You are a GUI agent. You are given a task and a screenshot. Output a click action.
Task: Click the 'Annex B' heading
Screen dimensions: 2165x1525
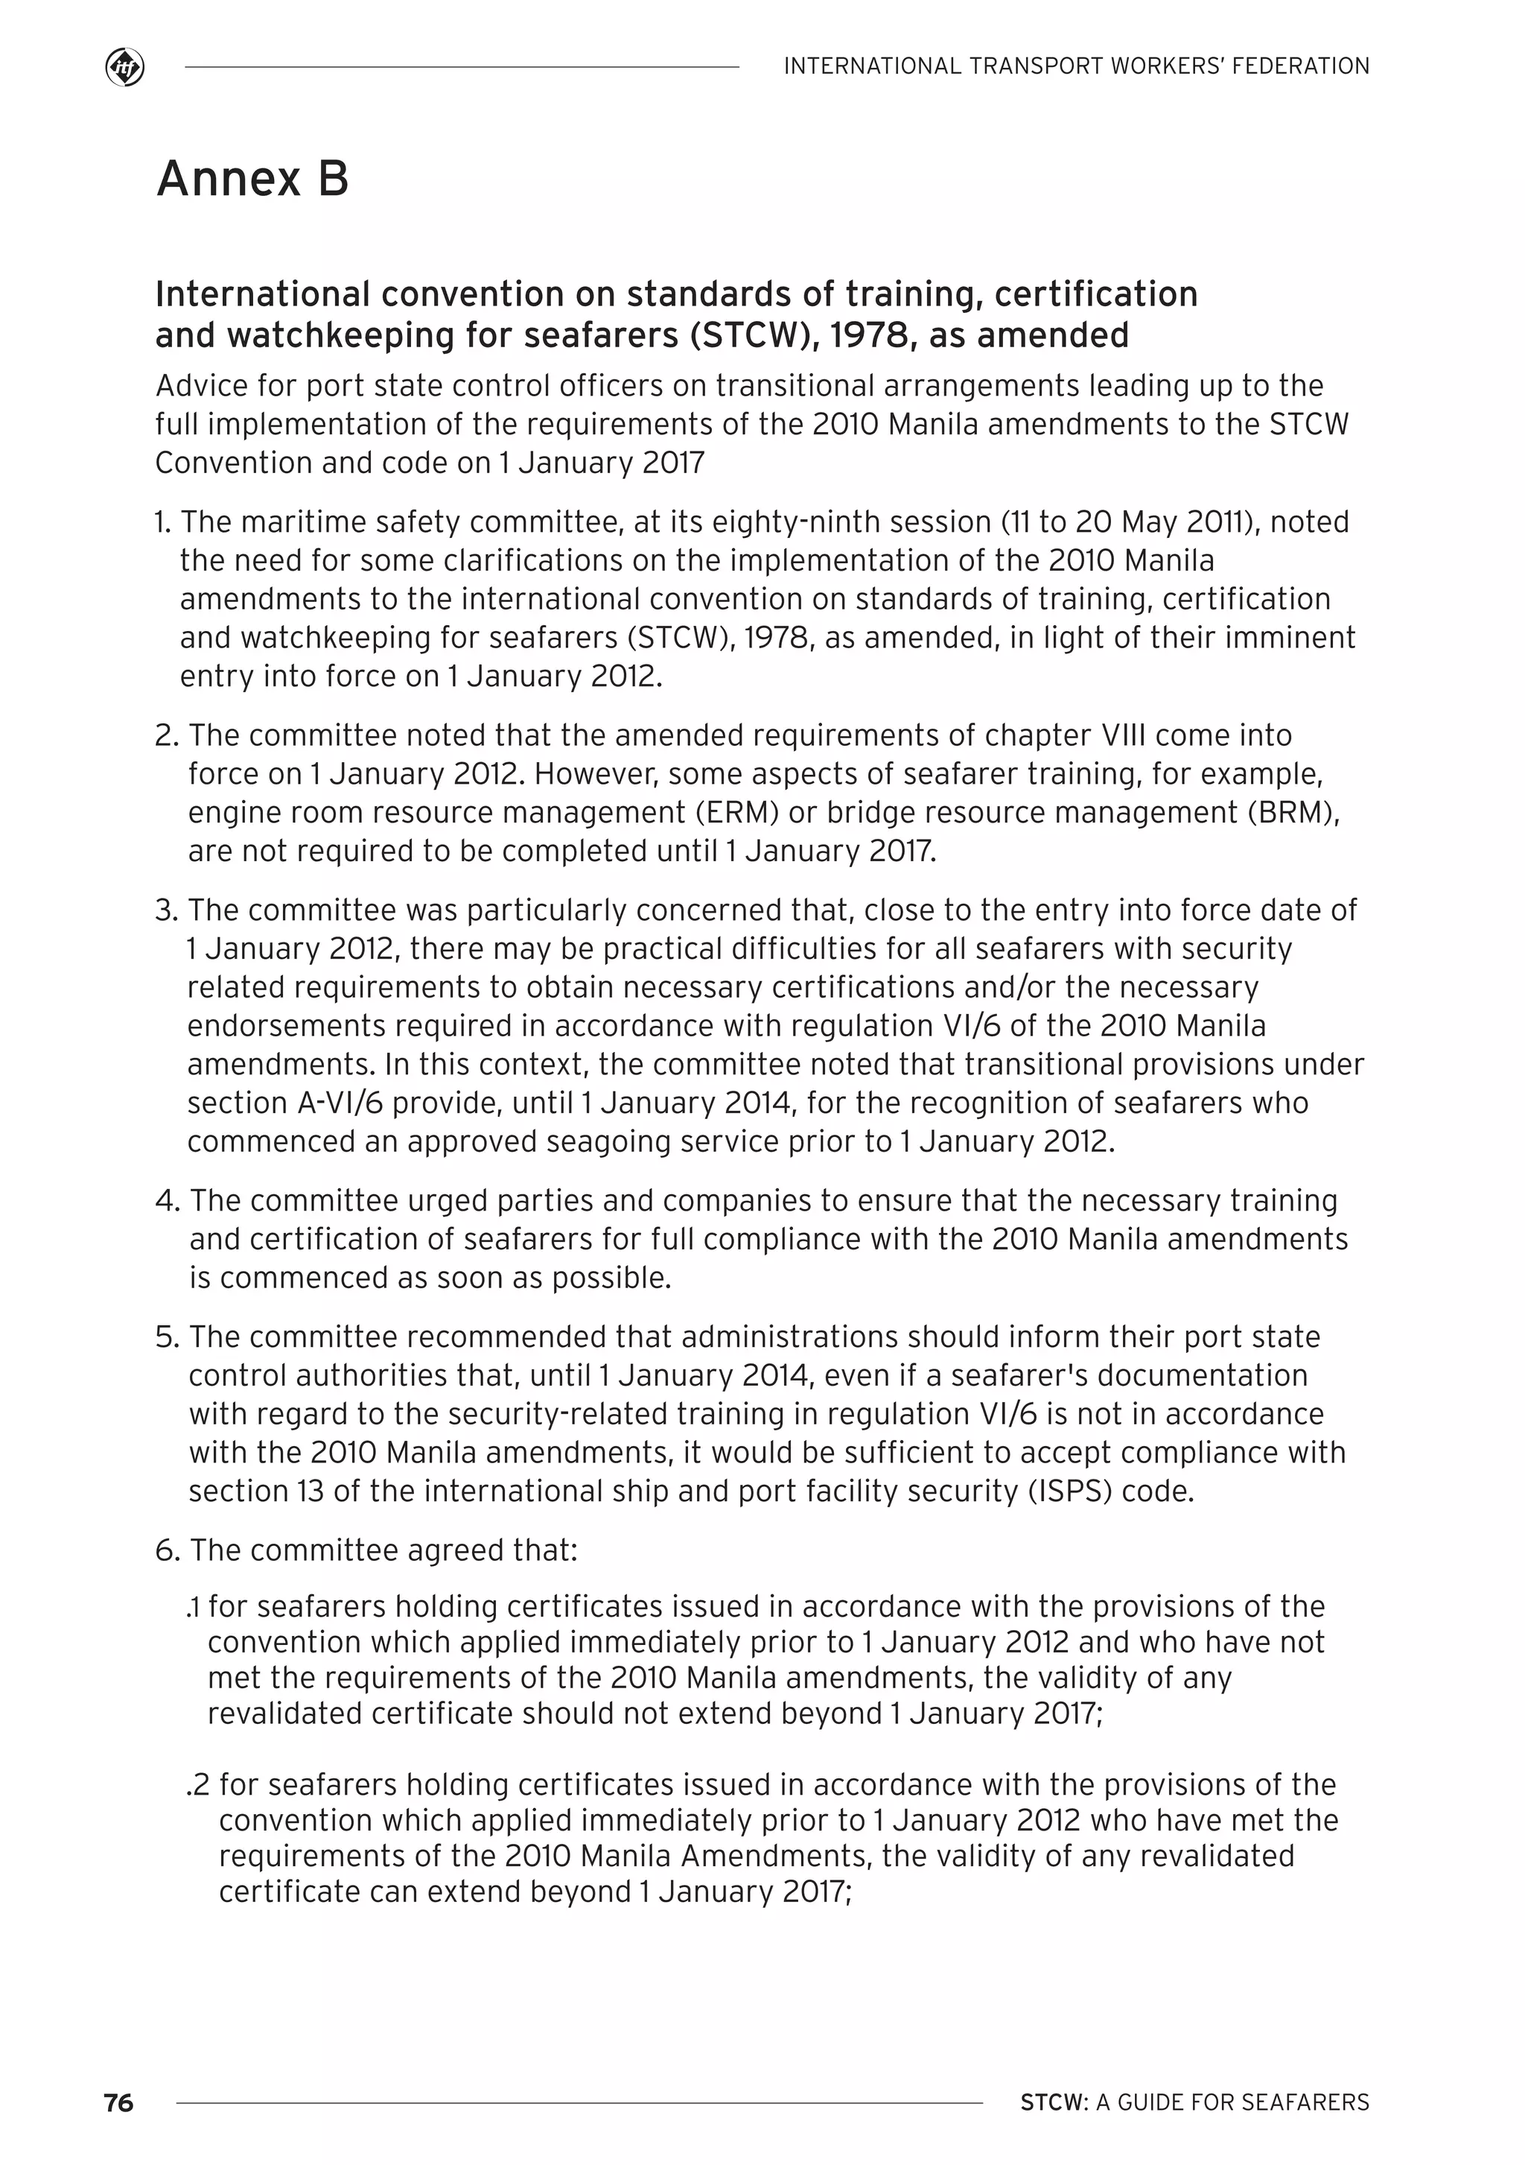pos(252,178)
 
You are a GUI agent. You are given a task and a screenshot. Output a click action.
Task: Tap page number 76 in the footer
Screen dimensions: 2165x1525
pos(118,2102)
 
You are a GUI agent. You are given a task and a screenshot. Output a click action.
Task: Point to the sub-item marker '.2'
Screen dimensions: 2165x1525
pos(199,1785)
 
